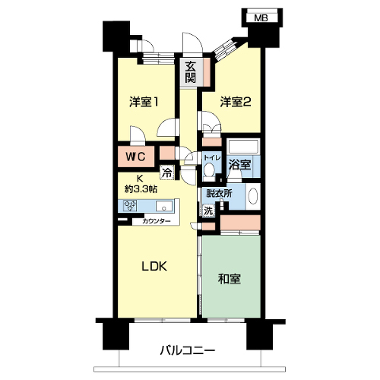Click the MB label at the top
click(x=261, y=18)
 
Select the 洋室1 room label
click(x=144, y=102)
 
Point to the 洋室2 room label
click(x=236, y=102)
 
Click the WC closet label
click(x=136, y=157)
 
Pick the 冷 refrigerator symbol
click(x=167, y=173)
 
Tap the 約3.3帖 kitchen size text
click(x=141, y=188)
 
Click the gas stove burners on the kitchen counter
click(x=130, y=205)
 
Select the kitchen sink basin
click(x=164, y=205)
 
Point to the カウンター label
click(x=157, y=221)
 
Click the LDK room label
click(x=154, y=267)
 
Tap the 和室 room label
click(x=230, y=279)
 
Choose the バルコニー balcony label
click(x=188, y=351)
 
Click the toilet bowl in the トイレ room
click(x=209, y=169)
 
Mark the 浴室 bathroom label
click(x=239, y=164)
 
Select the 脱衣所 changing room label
click(x=219, y=193)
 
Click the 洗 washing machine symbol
click(x=208, y=211)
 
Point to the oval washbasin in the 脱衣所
click(x=253, y=197)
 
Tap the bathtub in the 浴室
click(x=243, y=147)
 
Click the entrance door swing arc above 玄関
click(x=196, y=39)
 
